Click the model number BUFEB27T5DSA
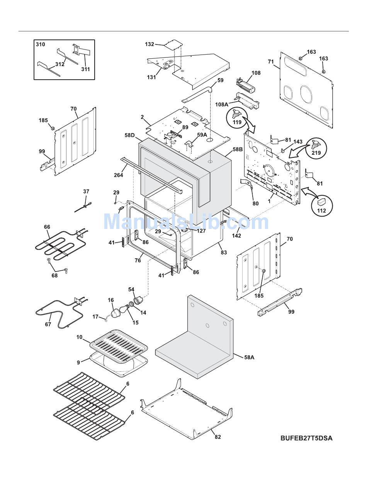306,438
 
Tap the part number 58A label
249,357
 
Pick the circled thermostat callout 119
236,117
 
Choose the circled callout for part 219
316,149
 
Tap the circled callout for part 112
321,205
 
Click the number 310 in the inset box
40,44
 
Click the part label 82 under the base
218,437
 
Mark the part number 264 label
118,175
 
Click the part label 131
151,77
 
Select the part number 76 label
138,260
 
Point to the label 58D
130,135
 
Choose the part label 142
236,236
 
